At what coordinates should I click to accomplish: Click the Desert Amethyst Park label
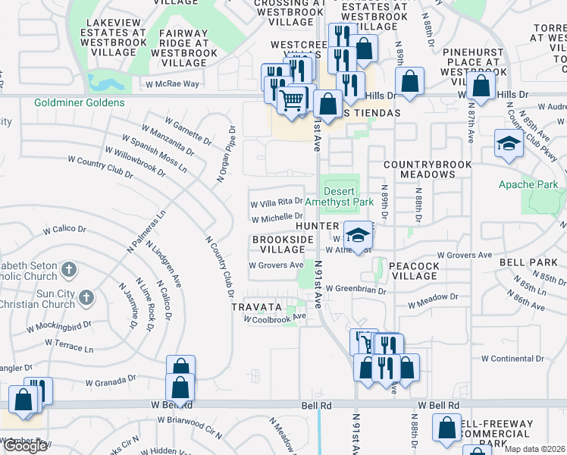339,196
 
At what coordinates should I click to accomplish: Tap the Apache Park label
528,184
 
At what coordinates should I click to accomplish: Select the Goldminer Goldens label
79,102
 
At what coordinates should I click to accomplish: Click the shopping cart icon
291,99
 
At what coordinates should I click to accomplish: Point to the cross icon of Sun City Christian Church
86,297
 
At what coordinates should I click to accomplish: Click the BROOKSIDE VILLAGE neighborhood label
283,244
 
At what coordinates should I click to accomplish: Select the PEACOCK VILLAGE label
413,271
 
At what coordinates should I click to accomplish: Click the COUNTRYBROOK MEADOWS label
428,169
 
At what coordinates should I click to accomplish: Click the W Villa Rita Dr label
277,202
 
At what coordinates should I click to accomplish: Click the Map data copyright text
534,449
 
